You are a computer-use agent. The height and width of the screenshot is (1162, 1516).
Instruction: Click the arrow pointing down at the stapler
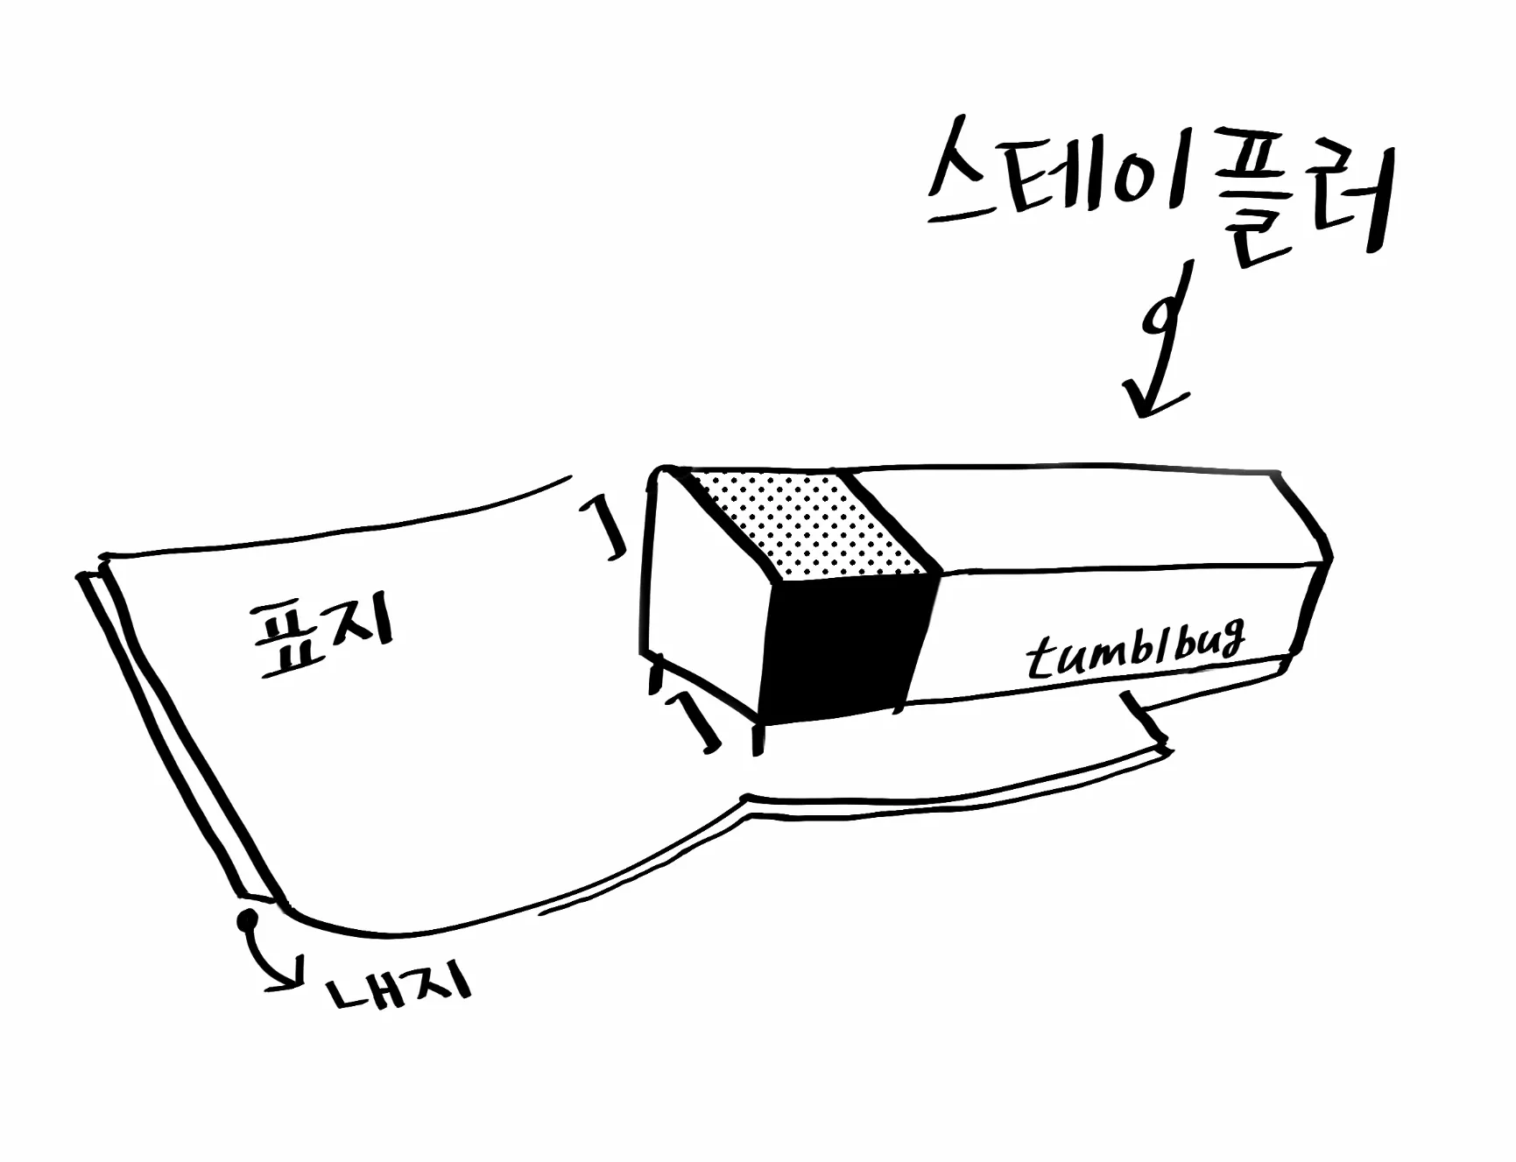1161,342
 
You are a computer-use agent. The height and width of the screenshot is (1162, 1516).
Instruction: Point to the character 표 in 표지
285,644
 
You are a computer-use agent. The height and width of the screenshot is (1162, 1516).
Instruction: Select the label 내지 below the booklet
398,989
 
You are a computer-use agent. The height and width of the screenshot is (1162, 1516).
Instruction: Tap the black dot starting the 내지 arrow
248,919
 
